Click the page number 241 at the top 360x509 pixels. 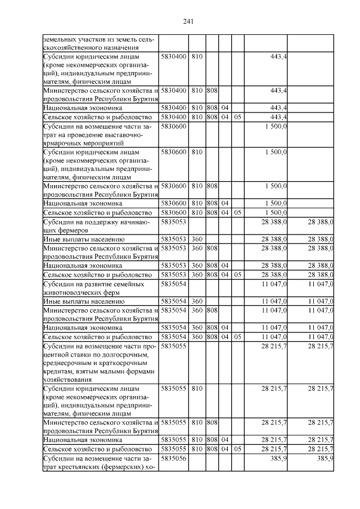pos(188,21)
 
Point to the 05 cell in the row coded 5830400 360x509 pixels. pos(237,117)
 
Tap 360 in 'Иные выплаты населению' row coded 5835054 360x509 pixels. pos(197,302)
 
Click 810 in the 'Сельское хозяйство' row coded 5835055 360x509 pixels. pos(197,449)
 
